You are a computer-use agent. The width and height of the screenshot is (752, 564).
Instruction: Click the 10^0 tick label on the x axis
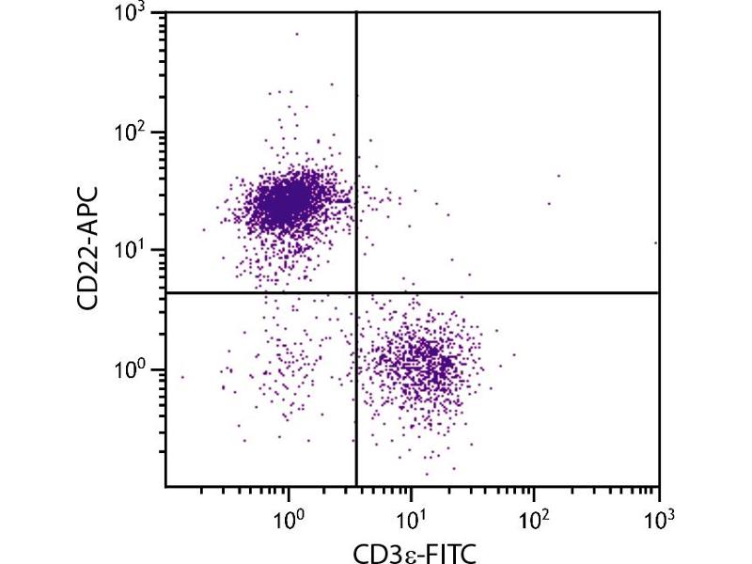[x=289, y=515]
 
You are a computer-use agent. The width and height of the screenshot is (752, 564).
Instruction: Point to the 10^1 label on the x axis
[x=411, y=515]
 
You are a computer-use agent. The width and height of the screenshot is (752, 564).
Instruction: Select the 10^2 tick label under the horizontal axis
[x=534, y=515]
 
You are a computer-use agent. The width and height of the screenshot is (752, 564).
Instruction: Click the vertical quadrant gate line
[x=356, y=141]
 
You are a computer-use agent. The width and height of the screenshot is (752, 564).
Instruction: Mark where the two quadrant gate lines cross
[x=356, y=293]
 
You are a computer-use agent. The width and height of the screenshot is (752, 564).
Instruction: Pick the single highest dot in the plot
[x=297, y=34]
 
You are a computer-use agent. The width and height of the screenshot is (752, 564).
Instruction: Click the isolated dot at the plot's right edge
[x=656, y=243]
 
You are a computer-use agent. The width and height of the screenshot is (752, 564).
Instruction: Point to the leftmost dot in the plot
[x=182, y=377]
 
